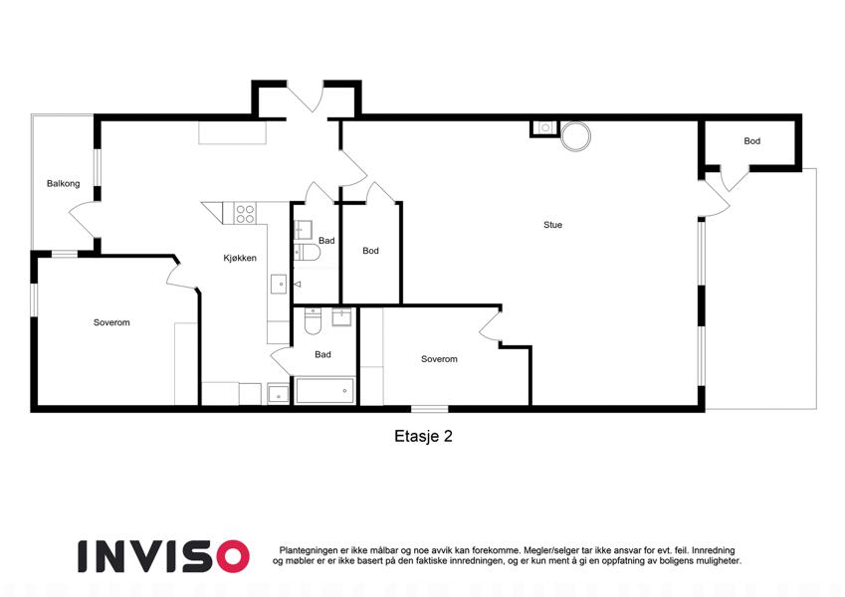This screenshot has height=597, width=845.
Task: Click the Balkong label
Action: (63, 184)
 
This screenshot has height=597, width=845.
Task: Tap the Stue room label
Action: (553, 225)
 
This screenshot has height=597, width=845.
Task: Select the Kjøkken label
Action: (240, 258)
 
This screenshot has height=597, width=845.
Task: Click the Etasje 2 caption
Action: (424, 436)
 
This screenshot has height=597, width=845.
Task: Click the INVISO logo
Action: (163, 556)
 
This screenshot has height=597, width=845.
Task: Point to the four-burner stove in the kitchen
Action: (245, 213)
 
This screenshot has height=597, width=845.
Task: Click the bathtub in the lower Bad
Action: (324, 391)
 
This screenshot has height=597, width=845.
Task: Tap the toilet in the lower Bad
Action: (313, 320)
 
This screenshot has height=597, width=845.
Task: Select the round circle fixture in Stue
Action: (575, 136)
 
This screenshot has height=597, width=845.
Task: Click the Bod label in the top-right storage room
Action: (751, 141)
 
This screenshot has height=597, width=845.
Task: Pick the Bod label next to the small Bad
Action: (371, 251)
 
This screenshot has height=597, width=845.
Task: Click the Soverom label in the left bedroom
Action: (111, 322)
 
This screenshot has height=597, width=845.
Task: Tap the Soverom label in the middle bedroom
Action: (439, 359)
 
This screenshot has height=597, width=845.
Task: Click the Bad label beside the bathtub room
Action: (322, 354)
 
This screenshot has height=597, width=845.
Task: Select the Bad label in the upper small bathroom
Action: (326, 241)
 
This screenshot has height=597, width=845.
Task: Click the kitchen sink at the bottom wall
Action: (279, 394)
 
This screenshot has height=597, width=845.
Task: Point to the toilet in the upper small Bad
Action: (307, 252)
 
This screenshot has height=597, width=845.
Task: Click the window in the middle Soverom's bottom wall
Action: (430, 410)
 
